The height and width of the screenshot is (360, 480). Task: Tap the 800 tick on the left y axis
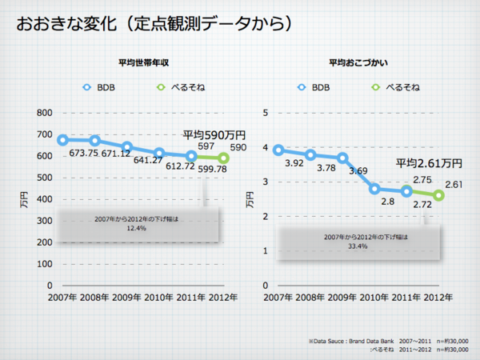click(43, 113)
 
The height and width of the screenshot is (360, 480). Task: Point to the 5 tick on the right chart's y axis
click(266, 113)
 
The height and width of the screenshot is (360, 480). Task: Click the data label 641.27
click(149, 159)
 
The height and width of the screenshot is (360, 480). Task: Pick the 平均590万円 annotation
click(214, 135)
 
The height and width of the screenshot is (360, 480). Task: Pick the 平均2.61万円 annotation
click(429, 164)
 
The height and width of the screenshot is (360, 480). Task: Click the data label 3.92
click(294, 163)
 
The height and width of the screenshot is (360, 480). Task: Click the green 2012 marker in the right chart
click(438, 195)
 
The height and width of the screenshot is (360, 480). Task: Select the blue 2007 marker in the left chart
click(62, 140)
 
